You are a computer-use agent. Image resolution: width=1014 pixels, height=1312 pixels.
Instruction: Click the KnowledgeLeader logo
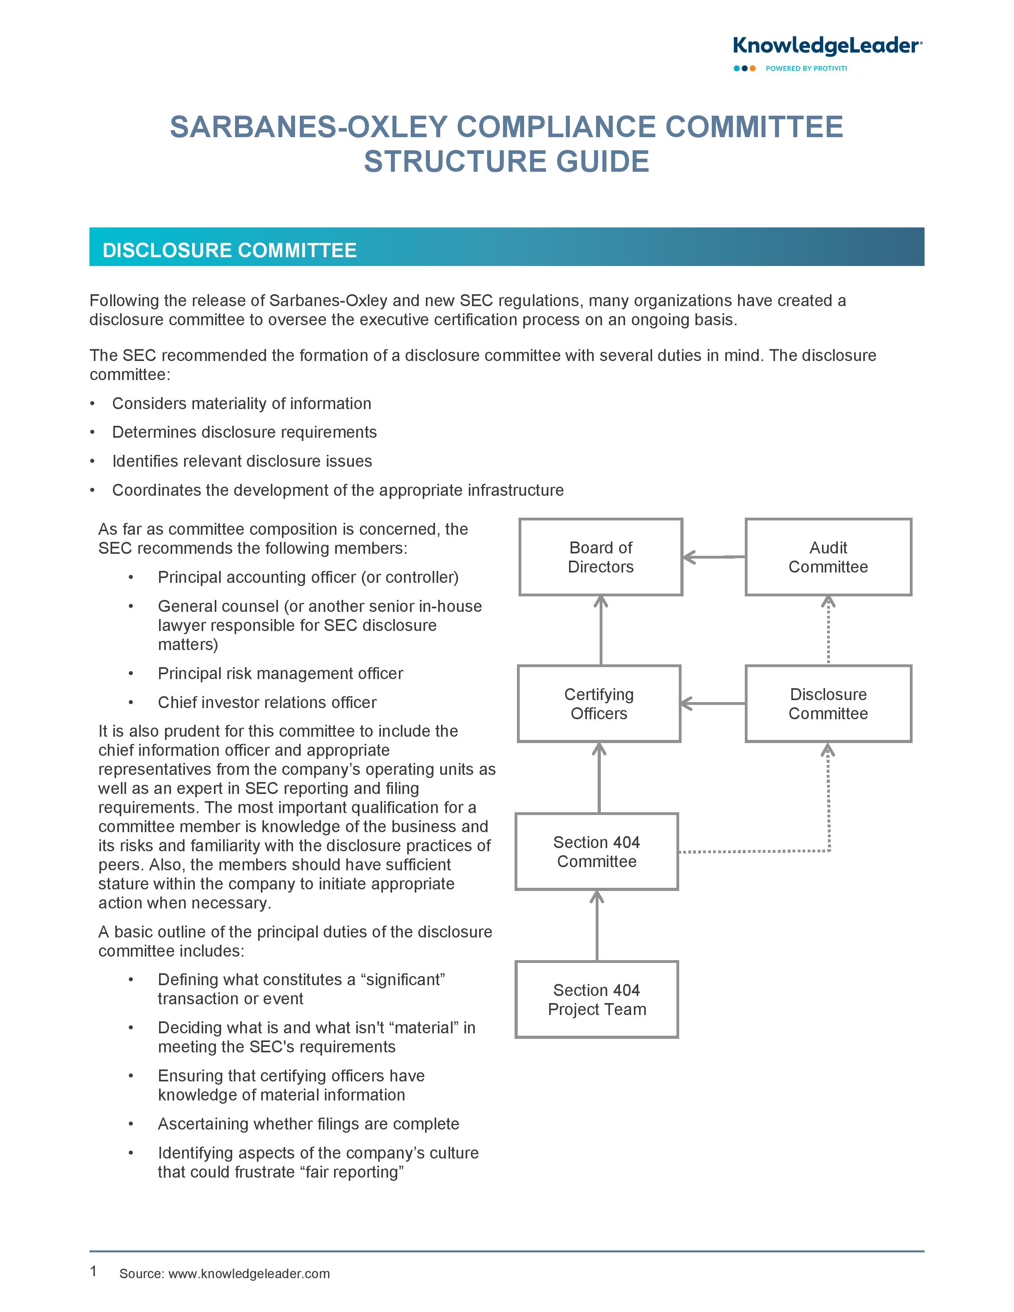pos(827,46)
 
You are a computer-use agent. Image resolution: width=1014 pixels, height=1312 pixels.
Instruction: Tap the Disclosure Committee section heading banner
pos(506,247)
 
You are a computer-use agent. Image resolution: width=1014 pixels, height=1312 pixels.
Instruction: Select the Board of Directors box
pos(601,557)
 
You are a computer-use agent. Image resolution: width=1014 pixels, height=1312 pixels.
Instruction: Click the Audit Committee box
pos(828,557)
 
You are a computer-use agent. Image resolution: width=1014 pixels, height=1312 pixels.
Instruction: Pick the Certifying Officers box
pos(599,703)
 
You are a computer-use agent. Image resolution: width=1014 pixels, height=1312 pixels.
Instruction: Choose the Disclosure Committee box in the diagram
pos(828,703)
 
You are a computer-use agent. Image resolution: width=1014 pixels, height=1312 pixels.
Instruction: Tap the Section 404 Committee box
pos(596,851)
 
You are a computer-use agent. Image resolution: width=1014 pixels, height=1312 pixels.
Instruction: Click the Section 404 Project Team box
pos(596,999)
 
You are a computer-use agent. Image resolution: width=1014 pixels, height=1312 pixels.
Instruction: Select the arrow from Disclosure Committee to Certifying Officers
pos(713,703)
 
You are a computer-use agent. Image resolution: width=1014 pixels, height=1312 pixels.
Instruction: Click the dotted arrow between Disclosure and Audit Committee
pos(828,630)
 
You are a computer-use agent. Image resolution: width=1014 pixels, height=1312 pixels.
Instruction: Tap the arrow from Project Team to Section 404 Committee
pos(596,925)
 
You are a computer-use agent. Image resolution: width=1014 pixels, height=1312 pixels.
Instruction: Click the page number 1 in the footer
pos(93,1271)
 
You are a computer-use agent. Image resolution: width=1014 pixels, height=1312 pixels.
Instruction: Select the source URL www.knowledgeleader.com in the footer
pos(249,1273)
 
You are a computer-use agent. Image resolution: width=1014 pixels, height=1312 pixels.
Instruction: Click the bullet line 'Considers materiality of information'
pos(241,403)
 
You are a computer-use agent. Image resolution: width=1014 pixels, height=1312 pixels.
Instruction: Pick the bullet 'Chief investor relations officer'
pos(267,702)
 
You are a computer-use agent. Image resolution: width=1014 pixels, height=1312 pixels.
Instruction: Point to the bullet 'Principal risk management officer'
pos(280,673)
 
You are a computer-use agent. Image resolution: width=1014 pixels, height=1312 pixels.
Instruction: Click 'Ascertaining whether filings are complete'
pos(308,1124)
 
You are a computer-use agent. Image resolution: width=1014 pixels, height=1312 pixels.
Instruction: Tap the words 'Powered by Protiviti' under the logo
pos(806,68)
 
